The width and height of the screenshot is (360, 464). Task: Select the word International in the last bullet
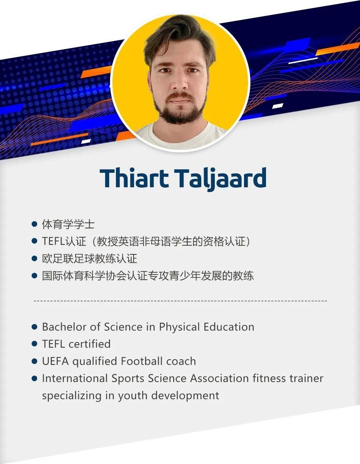75,378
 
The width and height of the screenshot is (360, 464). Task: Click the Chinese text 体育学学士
68,224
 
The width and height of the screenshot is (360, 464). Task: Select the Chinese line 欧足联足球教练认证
90,259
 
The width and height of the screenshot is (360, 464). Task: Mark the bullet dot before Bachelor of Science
34,327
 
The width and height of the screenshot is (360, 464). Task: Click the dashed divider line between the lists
180,300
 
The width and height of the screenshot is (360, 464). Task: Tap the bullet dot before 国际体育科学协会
34,276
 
